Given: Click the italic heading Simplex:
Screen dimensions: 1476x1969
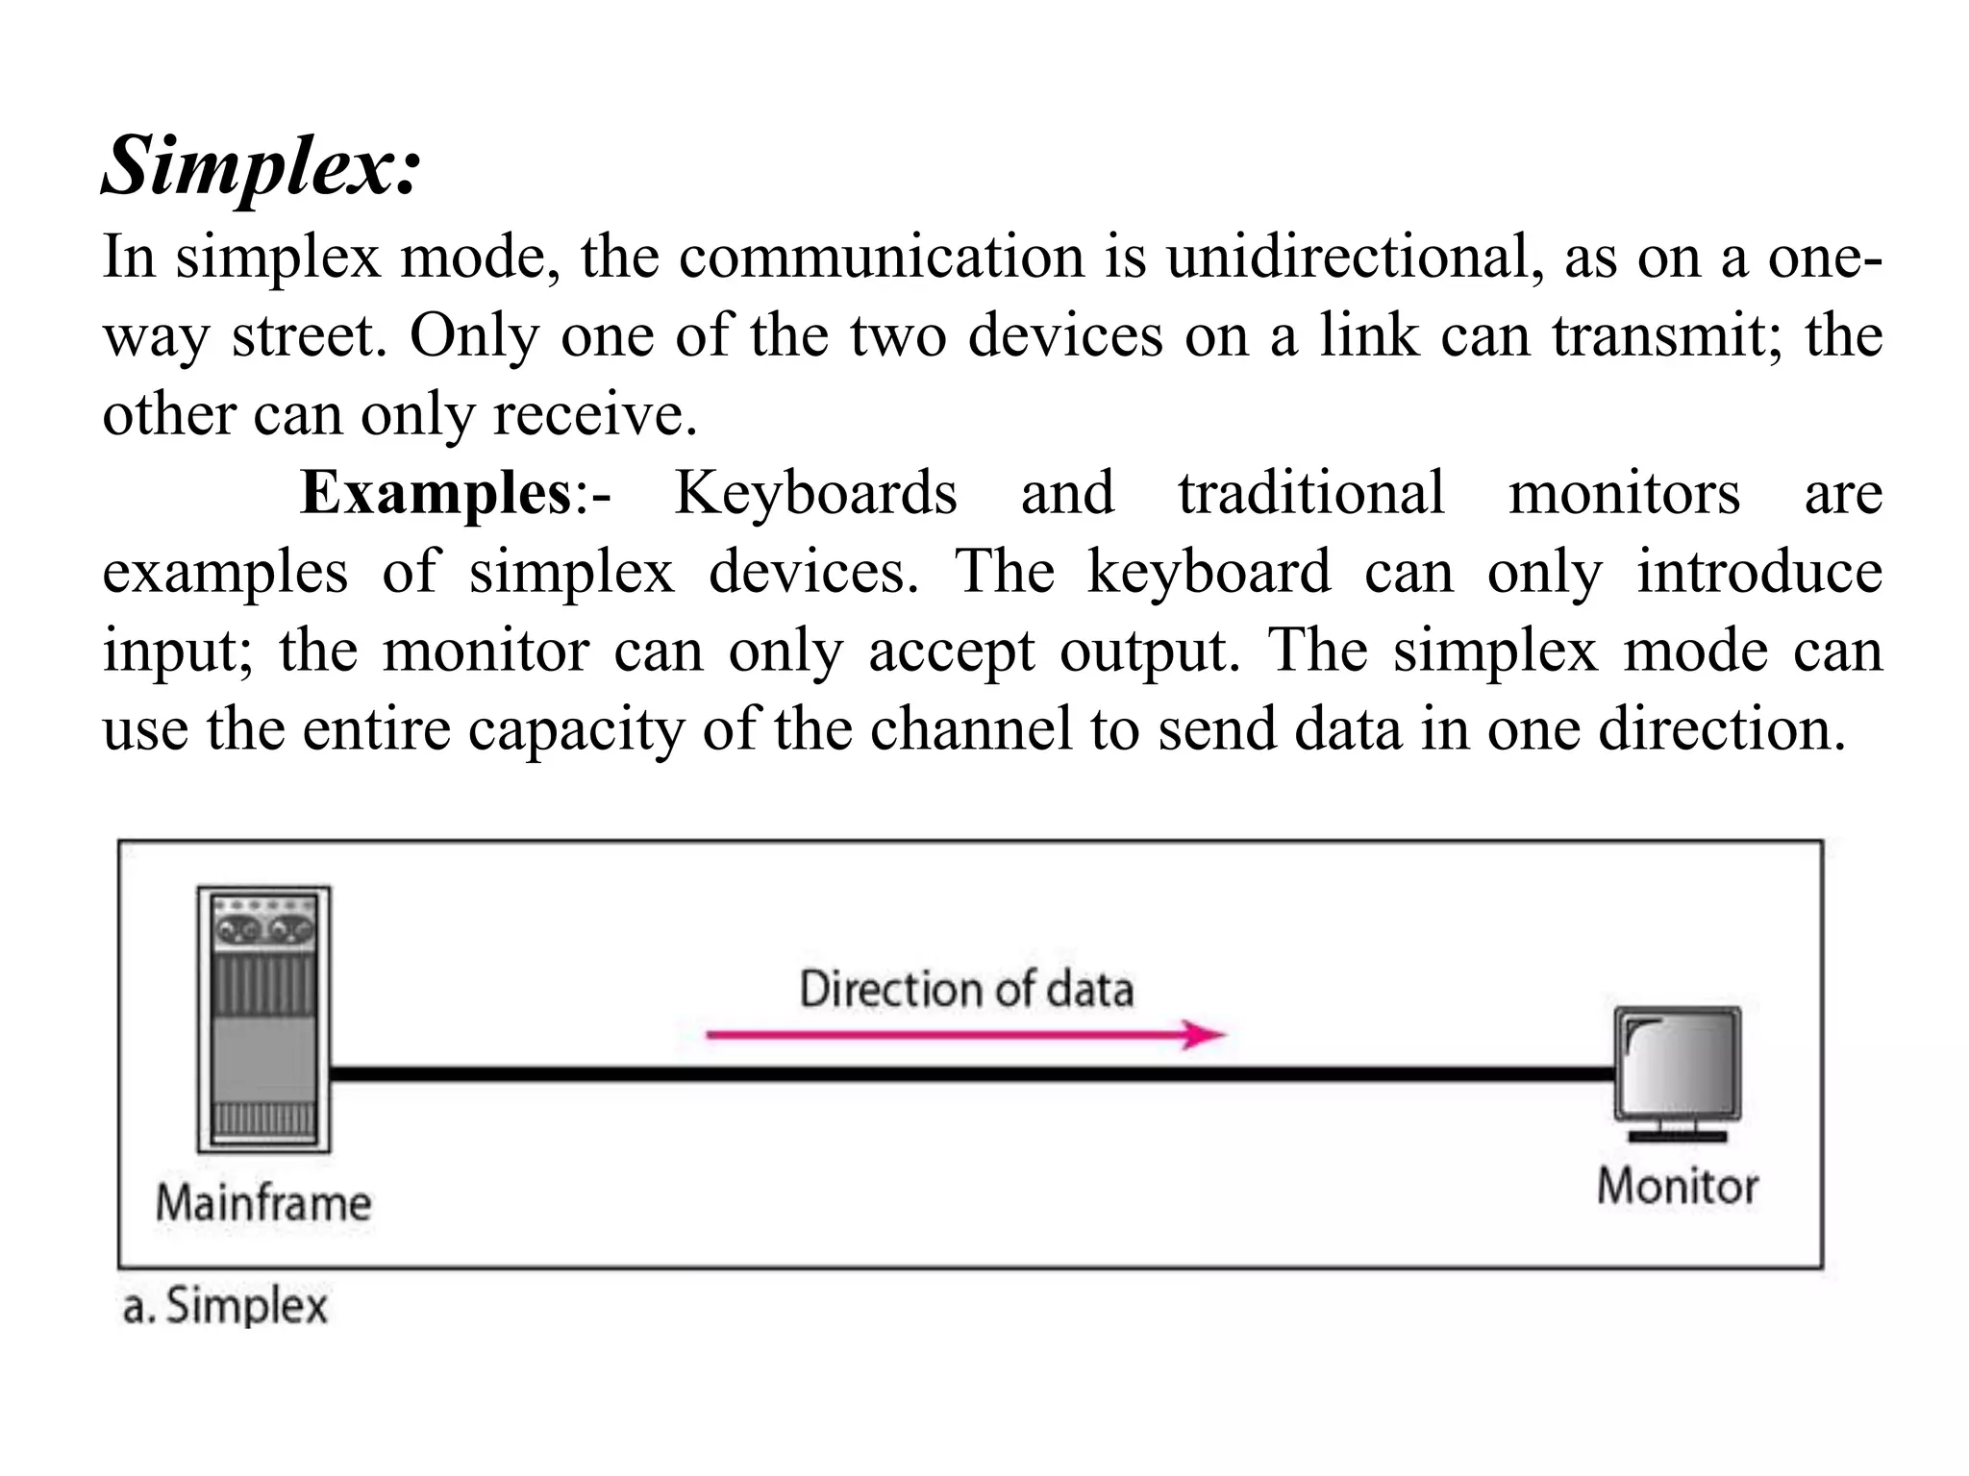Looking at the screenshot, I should [261, 166].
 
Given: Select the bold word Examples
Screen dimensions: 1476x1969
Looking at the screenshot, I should [436, 493].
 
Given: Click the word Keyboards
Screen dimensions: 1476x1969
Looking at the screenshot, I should [815, 493].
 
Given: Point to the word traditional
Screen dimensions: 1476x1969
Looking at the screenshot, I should [1311, 493].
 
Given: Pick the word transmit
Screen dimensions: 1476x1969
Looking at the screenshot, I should [1667, 336].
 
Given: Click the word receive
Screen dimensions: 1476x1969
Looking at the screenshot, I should [594, 415].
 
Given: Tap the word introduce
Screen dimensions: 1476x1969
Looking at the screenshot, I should [1758, 572].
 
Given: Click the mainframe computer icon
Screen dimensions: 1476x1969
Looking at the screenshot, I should [263, 1019].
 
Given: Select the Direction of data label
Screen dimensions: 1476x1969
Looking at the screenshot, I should [966, 990].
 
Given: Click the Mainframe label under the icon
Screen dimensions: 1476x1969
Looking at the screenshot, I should [263, 1203].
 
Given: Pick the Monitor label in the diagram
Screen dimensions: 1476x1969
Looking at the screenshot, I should [1677, 1186].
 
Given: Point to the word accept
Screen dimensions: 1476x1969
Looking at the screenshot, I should [952, 651].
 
